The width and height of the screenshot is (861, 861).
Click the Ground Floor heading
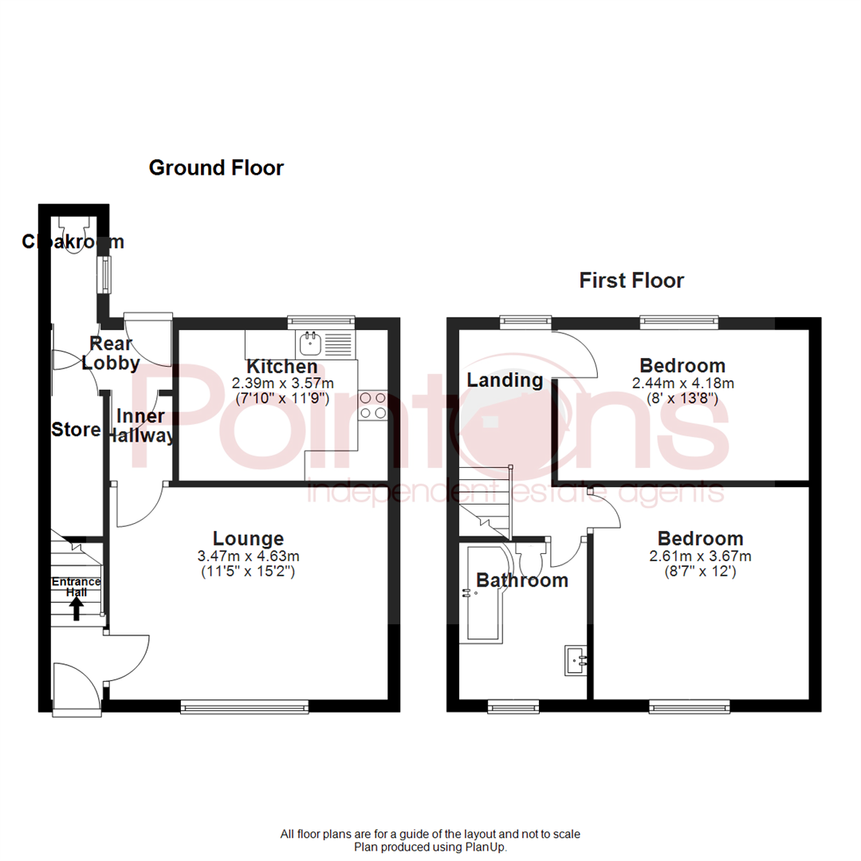(216, 168)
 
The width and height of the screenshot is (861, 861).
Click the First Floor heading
(631, 281)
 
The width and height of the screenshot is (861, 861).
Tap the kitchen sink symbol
(309, 345)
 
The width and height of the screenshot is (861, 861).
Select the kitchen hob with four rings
(373, 405)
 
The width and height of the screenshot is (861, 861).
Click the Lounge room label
(248, 538)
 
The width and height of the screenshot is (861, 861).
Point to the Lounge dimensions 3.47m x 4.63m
(249, 556)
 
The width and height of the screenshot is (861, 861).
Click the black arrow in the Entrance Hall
(77, 609)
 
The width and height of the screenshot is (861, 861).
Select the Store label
(76, 431)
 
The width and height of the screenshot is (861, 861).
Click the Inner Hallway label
(141, 427)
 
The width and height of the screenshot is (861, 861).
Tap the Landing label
(505, 380)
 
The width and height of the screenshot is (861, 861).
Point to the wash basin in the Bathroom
(576, 660)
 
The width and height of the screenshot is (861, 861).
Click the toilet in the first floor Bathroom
(529, 558)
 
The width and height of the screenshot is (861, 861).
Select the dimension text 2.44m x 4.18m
(683, 383)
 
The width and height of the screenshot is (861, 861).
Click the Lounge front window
(245, 706)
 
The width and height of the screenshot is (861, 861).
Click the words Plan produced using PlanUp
(431, 847)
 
